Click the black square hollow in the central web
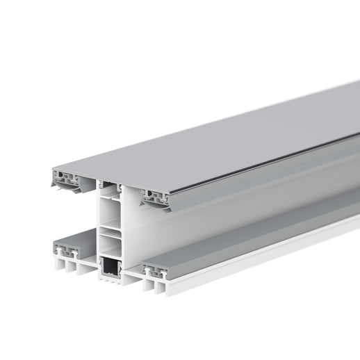[111, 266]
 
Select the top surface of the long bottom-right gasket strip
[264, 233]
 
